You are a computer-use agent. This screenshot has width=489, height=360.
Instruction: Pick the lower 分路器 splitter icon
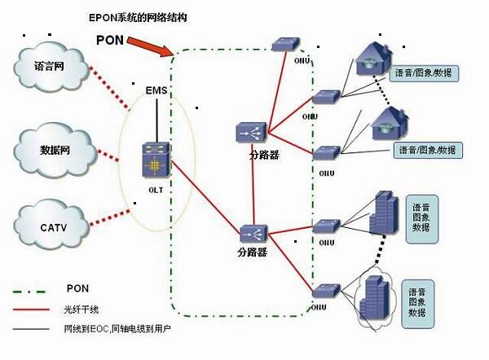tap(250, 232)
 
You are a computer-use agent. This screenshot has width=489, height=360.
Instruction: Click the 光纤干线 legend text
tap(80, 310)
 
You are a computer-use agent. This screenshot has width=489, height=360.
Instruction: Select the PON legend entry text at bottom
tap(78, 289)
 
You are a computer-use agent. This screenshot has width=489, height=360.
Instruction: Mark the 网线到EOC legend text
tap(114, 329)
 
